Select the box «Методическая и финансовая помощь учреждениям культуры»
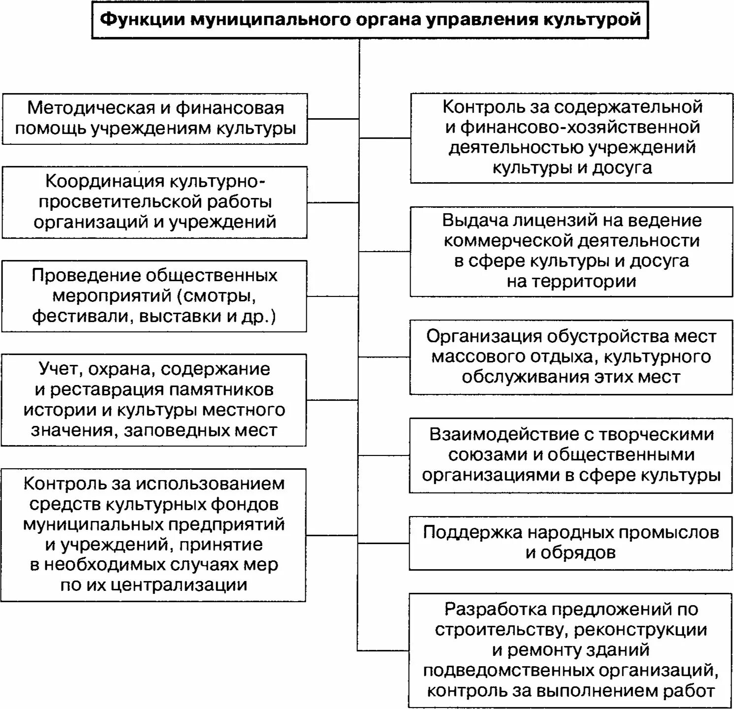click(155, 119)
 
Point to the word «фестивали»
click(81, 316)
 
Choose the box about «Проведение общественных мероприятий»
click(154, 296)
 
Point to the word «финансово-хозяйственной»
click(580, 127)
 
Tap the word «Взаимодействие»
click(484, 434)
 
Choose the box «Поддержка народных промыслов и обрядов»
click(571, 543)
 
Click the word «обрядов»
click(571, 553)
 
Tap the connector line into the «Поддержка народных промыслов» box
click(384, 543)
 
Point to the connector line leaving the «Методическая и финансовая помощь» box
click(333, 119)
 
